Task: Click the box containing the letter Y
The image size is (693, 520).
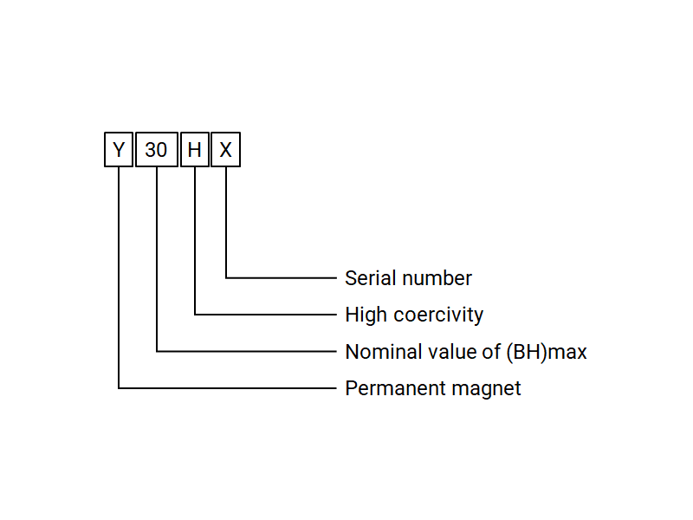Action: pos(119,150)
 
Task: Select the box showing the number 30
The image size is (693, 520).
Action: pos(156,150)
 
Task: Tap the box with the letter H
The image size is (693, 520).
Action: pos(195,150)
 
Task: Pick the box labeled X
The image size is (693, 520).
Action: pos(225,150)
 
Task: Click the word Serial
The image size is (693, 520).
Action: pos(368,278)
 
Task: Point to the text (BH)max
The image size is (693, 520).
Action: pos(546,352)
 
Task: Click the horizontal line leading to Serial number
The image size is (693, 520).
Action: pos(282,277)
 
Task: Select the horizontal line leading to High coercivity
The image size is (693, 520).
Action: pos(265,314)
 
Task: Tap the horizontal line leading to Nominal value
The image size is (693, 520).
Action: pos(247,351)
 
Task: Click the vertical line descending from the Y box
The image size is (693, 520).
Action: pos(119,277)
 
